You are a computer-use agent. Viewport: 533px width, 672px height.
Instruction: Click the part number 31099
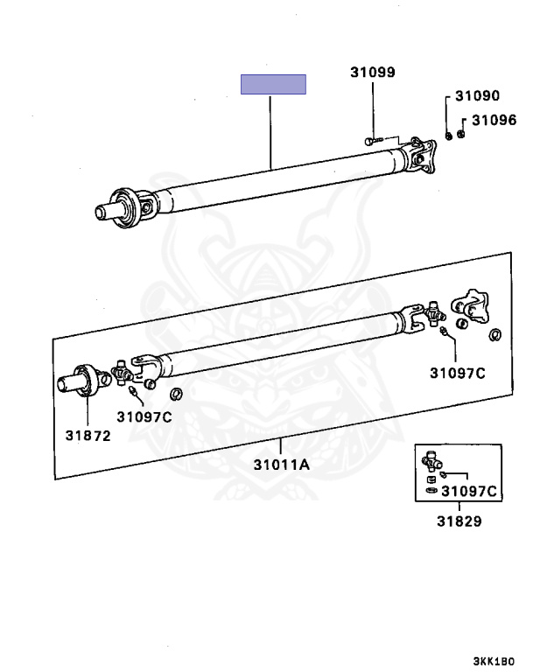pyautogui.click(x=373, y=72)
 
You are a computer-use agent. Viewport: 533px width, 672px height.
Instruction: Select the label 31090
pyautogui.click(x=477, y=95)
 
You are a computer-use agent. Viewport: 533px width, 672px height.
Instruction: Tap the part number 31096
pyautogui.click(x=494, y=120)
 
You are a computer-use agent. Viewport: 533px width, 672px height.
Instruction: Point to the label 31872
pyautogui.click(x=88, y=436)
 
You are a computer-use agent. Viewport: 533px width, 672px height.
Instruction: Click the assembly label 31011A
pyautogui.click(x=281, y=465)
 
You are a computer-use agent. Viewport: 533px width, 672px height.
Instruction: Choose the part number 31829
pyautogui.click(x=459, y=521)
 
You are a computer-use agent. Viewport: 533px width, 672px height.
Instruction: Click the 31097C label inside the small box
pyautogui.click(x=469, y=491)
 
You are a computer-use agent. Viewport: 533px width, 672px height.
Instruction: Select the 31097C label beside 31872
pyautogui.click(x=144, y=416)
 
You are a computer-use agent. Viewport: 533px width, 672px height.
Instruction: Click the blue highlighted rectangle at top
pyautogui.click(x=273, y=84)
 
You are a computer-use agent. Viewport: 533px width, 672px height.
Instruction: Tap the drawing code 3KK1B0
pyautogui.click(x=494, y=661)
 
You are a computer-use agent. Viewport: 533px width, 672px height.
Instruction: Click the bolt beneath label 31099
pyautogui.click(x=373, y=140)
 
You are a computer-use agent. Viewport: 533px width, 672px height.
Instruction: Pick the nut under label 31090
pyautogui.click(x=448, y=136)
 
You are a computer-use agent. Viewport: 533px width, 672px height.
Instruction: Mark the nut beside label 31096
pyautogui.click(x=461, y=134)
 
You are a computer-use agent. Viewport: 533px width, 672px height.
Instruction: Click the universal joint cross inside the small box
pyautogui.click(x=431, y=461)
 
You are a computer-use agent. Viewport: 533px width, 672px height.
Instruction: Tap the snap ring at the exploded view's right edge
pyautogui.click(x=495, y=334)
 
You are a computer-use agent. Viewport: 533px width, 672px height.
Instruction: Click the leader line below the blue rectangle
pyautogui.click(x=270, y=132)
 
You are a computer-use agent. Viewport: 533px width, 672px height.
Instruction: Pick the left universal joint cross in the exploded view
pyautogui.click(x=123, y=372)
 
